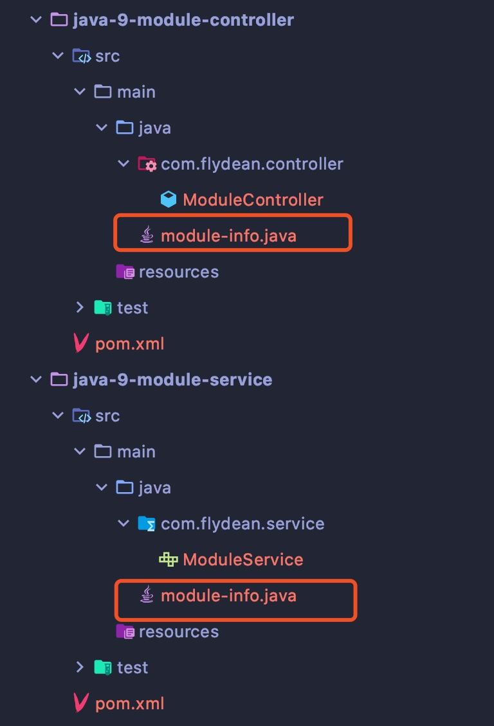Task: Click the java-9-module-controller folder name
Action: (183, 20)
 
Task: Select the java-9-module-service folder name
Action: (172, 380)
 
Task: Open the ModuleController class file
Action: (253, 200)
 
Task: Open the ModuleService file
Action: (243, 560)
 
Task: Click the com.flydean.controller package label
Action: (252, 164)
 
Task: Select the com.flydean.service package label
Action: (242, 524)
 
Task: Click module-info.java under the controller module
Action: (228, 236)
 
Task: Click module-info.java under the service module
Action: (228, 596)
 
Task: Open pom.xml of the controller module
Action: (130, 344)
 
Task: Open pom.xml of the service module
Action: (130, 704)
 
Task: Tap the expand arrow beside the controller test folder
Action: (80, 308)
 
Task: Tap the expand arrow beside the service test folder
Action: (80, 667)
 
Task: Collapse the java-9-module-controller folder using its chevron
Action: (35, 20)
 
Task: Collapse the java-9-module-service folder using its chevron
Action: (35, 380)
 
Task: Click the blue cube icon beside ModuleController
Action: (169, 200)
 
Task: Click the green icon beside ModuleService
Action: (169, 560)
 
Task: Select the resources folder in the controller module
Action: (179, 272)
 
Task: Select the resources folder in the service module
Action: (179, 632)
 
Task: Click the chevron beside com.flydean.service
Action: (123, 524)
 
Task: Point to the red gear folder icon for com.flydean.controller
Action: (147, 164)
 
